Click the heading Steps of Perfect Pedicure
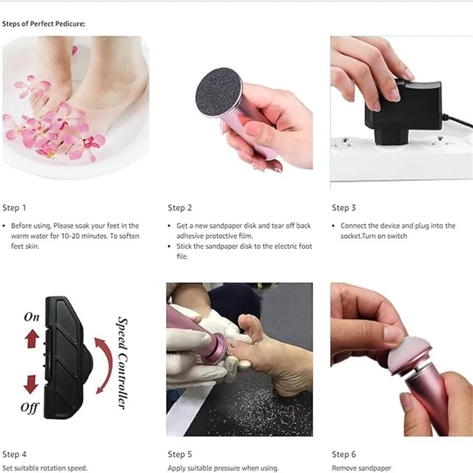pos(44,24)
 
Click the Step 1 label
pos(14,208)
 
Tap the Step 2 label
pos(180,208)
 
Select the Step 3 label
pos(344,208)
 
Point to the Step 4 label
pos(14,454)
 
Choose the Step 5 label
pos(180,454)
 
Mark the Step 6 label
pos(344,454)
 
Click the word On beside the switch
pos(31,318)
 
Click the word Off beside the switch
pos(30,407)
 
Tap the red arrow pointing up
pos(32,338)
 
